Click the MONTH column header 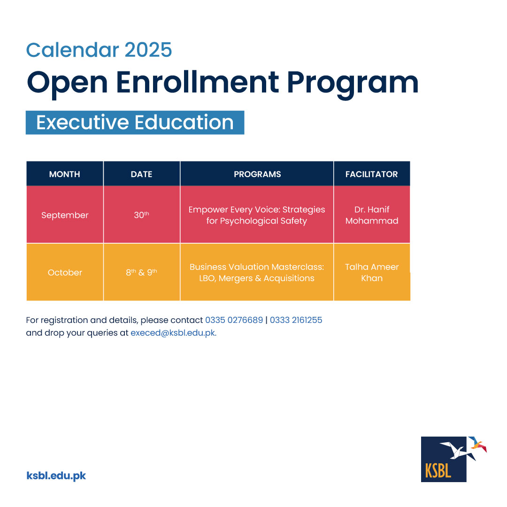(x=65, y=174)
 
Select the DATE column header (x=142, y=174)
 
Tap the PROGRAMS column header (x=257, y=174)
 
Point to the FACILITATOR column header (x=371, y=174)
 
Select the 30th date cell (x=142, y=215)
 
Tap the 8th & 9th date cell (x=142, y=272)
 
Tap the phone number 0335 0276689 (x=234, y=320)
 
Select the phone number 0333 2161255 (x=296, y=320)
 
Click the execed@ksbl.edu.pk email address (x=173, y=333)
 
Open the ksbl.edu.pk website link (x=56, y=476)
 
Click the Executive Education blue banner (x=135, y=123)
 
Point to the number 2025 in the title (x=148, y=50)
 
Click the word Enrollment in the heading (x=197, y=82)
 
